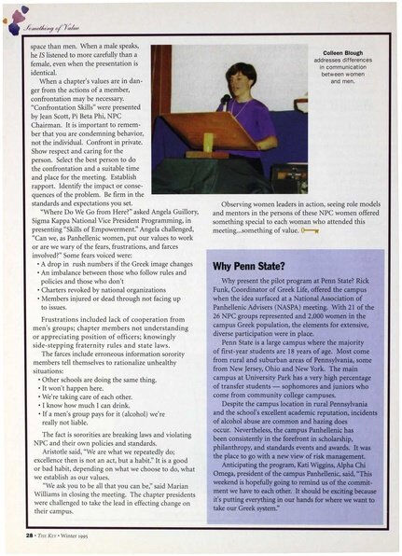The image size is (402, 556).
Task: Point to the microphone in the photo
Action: tap(228, 97)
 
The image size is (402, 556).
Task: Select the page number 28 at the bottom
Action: tap(29, 542)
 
